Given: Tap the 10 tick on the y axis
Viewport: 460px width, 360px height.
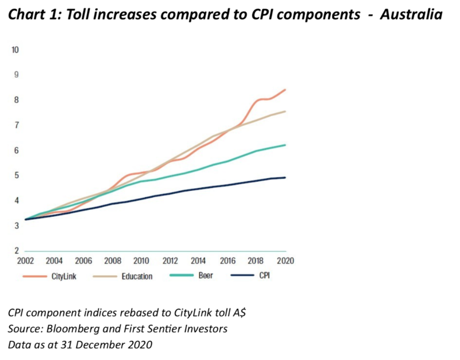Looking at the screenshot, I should click(16, 49).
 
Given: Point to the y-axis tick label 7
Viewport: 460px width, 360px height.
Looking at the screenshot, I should click(16, 125).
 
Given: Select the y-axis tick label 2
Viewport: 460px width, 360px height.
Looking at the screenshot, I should click(16, 251).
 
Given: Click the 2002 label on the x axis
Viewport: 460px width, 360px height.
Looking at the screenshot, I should click(25, 261).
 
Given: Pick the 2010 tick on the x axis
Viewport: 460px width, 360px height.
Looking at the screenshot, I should click(141, 261).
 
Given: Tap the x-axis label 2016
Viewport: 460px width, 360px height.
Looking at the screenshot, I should click(228, 261).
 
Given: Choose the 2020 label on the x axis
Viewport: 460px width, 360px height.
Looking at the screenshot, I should click(285, 261).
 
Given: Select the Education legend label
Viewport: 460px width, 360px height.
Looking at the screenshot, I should click(137, 276).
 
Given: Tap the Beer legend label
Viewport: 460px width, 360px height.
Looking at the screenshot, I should click(205, 275).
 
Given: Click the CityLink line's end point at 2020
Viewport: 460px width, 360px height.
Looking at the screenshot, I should click(286, 90).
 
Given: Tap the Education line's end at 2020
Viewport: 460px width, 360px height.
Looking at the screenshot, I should click(286, 112).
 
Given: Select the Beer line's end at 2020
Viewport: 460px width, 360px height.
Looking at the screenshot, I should click(286, 145).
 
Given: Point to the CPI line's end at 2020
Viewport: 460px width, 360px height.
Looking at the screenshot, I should click(286, 178).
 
